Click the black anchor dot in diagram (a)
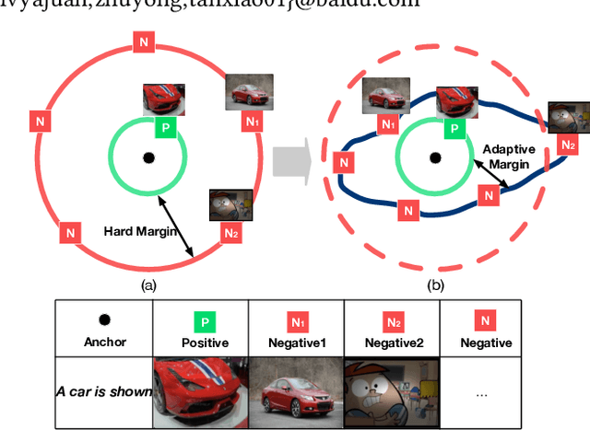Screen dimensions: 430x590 coord(147,157)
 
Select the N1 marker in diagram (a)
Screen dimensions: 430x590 coord(252,121)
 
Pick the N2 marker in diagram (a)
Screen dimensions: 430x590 coord(231,234)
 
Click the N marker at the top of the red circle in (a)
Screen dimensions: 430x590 coord(142,41)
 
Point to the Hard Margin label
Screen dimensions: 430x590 coord(140,232)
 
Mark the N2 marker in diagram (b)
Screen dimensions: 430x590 coord(568,145)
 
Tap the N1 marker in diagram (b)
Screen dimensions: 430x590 coord(388,123)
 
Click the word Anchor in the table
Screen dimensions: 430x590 coord(104,343)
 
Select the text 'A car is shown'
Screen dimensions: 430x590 coord(103,391)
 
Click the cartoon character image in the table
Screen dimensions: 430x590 coord(391,390)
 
